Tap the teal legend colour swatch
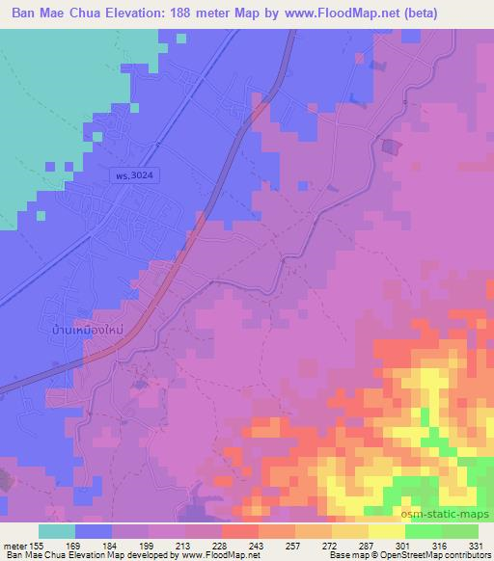(57, 531)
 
